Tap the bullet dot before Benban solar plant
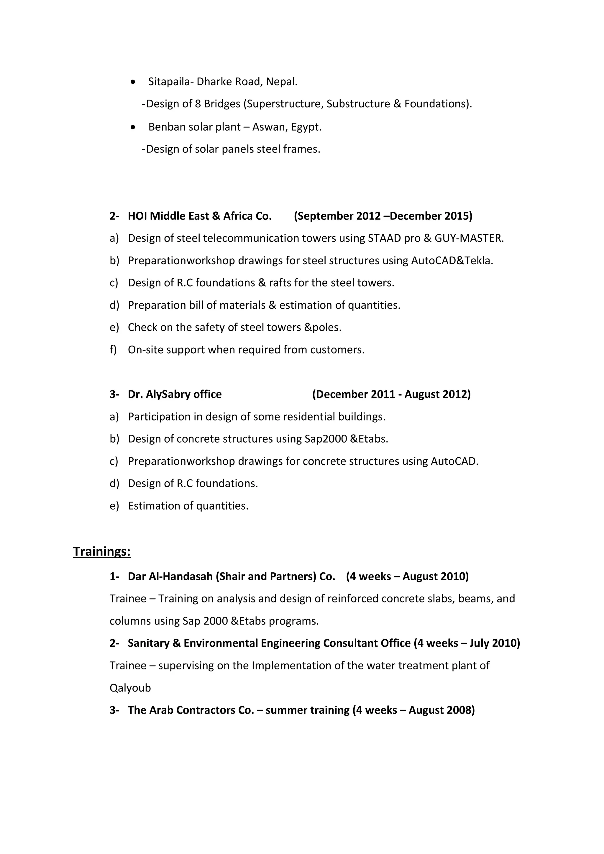coord(133,127)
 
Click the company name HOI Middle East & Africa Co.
coord(199,216)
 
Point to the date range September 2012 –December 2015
coord(383,216)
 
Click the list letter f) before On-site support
coord(113,350)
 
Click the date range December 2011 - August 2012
coord(391,394)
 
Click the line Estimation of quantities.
coord(188,506)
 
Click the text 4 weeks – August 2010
coord(407,577)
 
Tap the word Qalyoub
coord(130,688)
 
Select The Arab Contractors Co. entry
coord(191,710)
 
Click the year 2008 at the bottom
coord(460,710)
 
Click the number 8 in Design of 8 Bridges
coord(198,104)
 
